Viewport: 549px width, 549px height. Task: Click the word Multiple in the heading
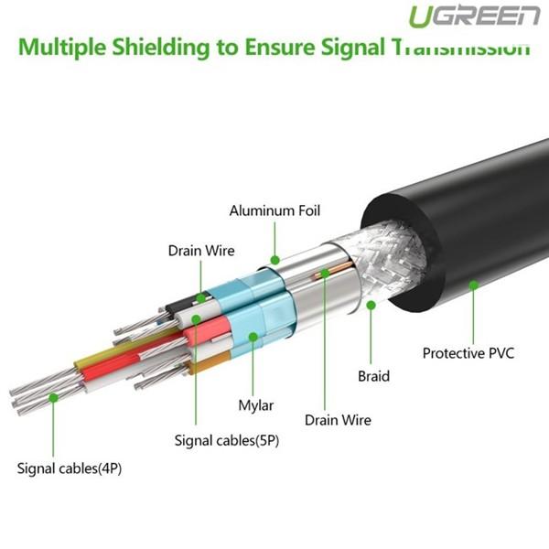pos(68,47)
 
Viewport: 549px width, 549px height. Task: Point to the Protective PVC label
pos(468,351)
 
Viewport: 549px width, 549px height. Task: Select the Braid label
pos(374,375)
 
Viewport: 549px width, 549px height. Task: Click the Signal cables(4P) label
pos(70,469)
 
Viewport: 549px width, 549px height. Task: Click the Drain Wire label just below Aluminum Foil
pos(200,250)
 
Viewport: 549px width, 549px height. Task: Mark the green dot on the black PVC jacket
pos(473,285)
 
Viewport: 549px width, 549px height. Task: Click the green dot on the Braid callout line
pos(371,305)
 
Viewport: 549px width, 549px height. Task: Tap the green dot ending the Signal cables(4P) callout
pos(54,398)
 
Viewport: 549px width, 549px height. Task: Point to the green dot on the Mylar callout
pos(253,336)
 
